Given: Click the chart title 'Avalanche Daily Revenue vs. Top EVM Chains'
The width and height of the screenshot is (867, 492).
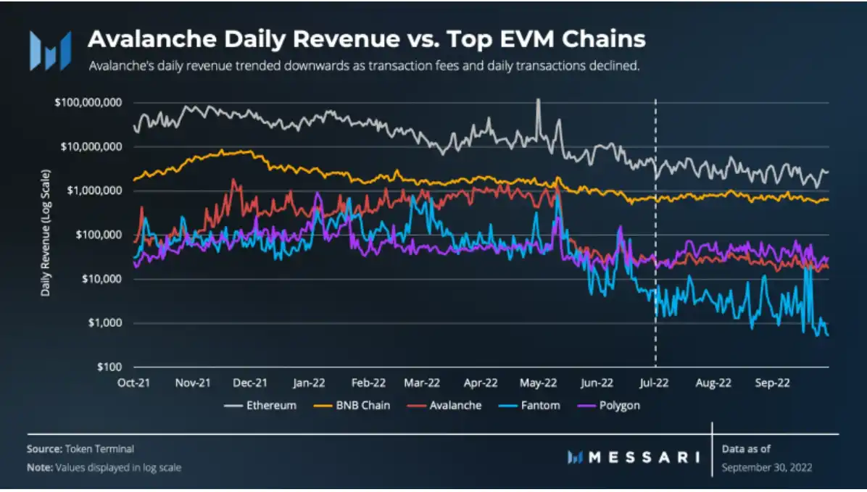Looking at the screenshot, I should click(x=366, y=39).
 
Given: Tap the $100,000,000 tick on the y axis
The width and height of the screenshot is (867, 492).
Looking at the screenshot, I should click(x=88, y=102).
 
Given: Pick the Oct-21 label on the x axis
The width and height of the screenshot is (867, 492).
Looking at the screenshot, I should click(x=134, y=382).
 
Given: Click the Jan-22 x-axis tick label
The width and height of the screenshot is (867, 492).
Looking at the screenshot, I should click(x=310, y=382).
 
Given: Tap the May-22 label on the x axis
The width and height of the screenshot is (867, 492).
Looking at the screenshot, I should click(x=539, y=382).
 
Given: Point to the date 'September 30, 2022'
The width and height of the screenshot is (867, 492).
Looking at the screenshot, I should click(x=767, y=467).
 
